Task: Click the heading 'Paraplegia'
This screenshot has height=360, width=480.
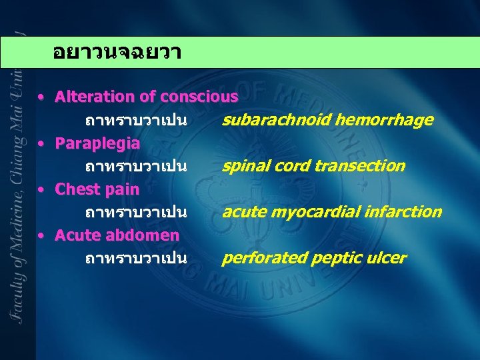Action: (97, 143)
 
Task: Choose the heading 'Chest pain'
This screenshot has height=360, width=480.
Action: (97, 189)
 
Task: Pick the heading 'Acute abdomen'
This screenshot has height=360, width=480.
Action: (117, 235)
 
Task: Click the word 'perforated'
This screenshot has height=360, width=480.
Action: (257, 259)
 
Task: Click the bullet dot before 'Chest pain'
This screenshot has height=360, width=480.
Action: (42, 190)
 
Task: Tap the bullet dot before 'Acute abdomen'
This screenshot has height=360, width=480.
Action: (42, 236)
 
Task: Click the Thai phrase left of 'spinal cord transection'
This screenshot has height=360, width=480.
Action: (135, 166)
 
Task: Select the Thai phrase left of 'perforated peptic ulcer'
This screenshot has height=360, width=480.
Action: (135, 259)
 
